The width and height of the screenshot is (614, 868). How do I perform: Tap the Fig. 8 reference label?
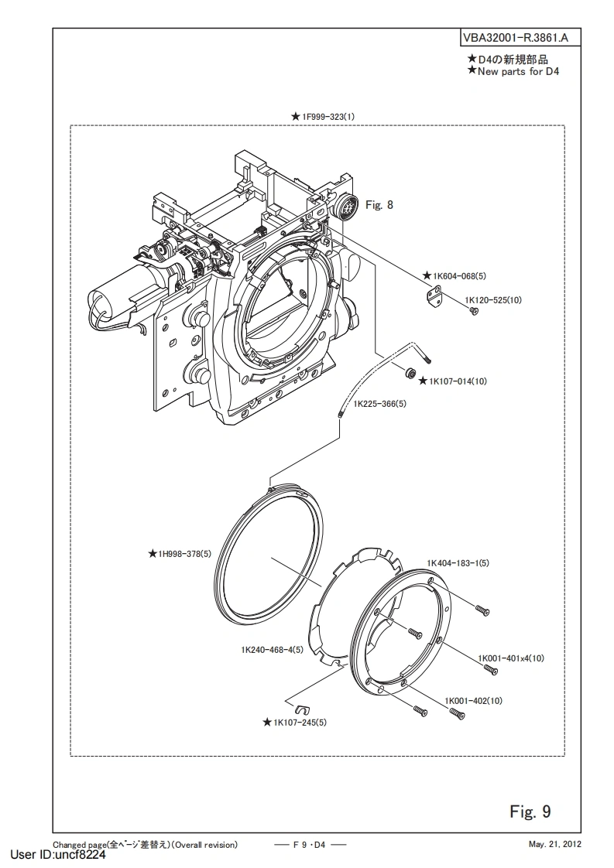379,205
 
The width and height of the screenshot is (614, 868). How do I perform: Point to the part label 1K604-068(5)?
459,275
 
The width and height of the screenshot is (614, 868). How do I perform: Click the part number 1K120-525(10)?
493,300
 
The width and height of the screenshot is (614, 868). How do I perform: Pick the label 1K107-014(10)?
458,381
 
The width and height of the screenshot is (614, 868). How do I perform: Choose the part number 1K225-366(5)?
379,404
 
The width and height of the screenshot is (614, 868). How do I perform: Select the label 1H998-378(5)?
184,553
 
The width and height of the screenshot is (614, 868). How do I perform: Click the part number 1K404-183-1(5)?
458,563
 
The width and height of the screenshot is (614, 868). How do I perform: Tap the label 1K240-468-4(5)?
272,649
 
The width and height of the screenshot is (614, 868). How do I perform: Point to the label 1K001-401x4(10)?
511,658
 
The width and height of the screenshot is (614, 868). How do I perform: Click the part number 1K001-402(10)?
474,701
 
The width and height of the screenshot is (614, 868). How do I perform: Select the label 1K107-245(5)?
300,723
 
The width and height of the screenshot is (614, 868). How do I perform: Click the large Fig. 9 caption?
530,812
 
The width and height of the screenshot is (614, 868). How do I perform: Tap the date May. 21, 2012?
554,845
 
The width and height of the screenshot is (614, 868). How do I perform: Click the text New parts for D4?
518,71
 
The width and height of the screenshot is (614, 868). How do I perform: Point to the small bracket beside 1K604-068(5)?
435,295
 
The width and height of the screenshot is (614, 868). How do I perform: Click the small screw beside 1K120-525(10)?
473,313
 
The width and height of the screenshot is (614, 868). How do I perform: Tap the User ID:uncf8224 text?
58,855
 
